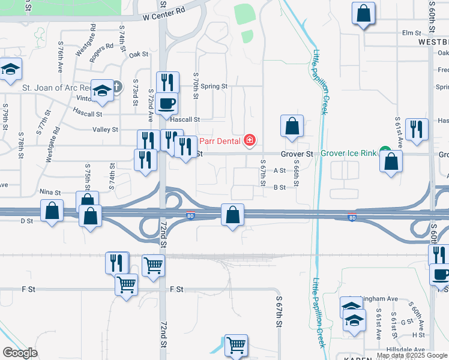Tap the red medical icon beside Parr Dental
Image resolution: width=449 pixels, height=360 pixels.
tap(249, 142)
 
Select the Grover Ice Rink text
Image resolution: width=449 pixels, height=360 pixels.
tap(348, 154)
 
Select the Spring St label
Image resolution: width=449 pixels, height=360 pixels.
tap(214, 86)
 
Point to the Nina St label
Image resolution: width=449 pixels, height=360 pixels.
tap(50, 193)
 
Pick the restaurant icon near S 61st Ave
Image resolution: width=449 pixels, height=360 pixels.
tap(416, 129)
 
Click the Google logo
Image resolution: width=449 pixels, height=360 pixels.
tap(20, 353)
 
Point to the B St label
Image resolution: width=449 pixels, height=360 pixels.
tap(279, 187)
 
